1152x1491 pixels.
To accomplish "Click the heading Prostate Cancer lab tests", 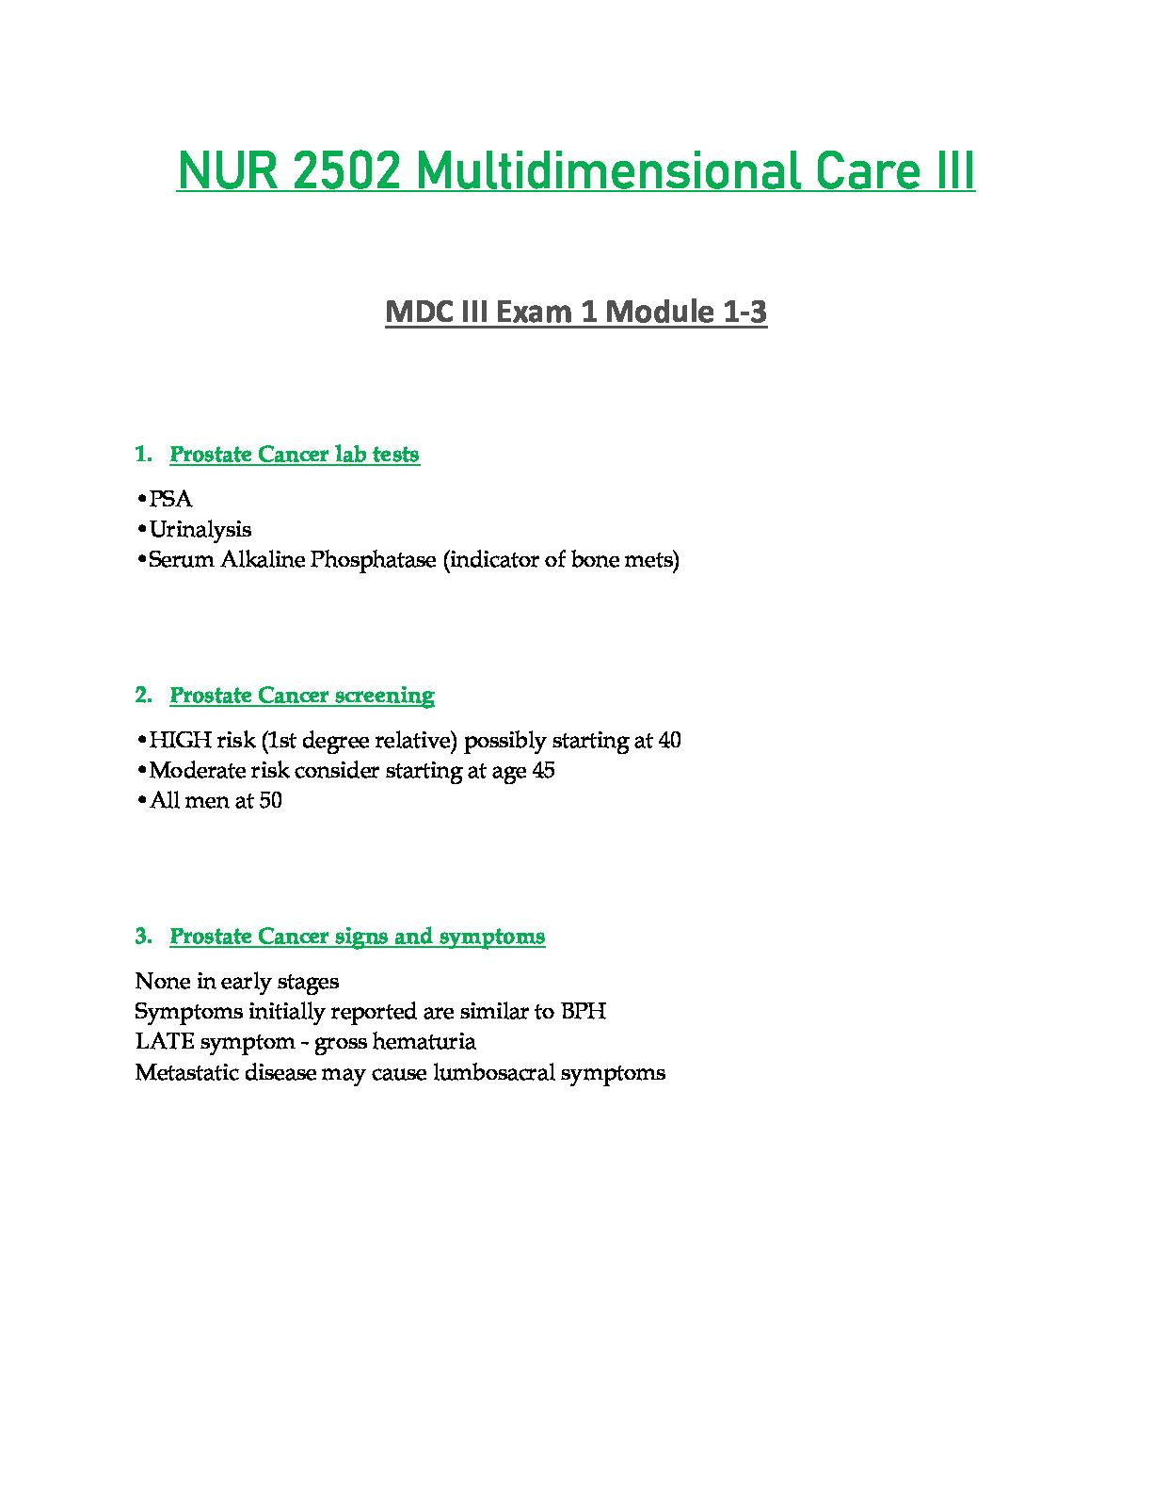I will pyautogui.click(x=295, y=455).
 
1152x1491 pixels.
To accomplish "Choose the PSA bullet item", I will pyautogui.click(x=170, y=499).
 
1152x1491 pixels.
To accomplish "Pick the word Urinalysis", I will pyautogui.click(x=200, y=529).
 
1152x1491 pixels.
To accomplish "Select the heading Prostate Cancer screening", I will pyautogui.click(x=302, y=696).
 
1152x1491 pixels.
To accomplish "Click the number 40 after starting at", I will pyautogui.click(x=670, y=741).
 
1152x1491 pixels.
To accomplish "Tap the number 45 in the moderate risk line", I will pyautogui.click(x=543, y=771).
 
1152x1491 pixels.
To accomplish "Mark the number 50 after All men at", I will pyautogui.click(x=270, y=801).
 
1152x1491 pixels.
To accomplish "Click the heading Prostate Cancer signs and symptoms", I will pyautogui.click(x=358, y=937).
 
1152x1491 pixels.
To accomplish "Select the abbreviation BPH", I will pyautogui.click(x=584, y=1012).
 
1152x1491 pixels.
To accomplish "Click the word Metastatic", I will pyautogui.click(x=184, y=1072).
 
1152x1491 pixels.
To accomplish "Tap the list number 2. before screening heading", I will pyautogui.click(x=143, y=696).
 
